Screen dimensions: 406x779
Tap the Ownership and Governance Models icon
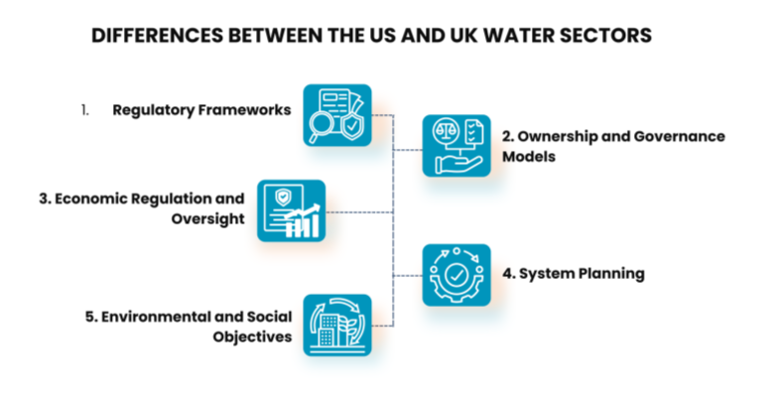(x=456, y=145)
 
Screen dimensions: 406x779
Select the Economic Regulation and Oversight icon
(x=291, y=210)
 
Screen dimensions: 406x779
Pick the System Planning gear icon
(x=456, y=274)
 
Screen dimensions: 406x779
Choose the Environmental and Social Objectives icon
(x=337, y=326)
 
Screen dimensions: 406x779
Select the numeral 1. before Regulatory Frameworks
(x=85, y=109)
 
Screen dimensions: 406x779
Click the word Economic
(x=91, y=199)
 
